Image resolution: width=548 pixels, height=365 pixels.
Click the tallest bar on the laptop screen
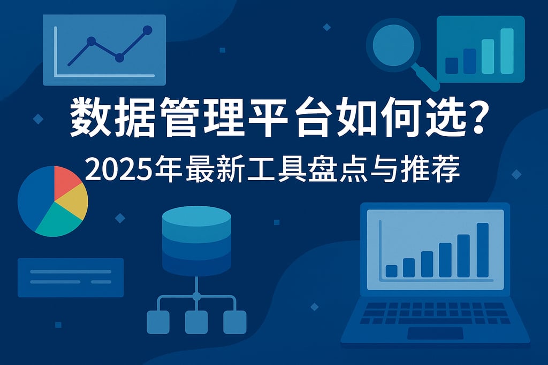click(x=482, y=250)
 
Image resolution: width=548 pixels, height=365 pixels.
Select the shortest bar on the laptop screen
click(x=391, y=270)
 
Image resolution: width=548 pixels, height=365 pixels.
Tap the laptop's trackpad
click(x=435, y=333)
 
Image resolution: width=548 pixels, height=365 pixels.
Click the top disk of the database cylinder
click(x=196, y=216)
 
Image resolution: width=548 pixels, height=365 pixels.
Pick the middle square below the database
click(x=196, y=322)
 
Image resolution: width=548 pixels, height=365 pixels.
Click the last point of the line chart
click(x=148, y=30)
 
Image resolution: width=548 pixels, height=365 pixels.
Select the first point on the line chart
click(x=91, y=41)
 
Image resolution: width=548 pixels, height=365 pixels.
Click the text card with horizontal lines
click(x=71, y=277)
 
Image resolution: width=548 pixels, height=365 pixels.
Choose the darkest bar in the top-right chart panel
click(x=452, y=65)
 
